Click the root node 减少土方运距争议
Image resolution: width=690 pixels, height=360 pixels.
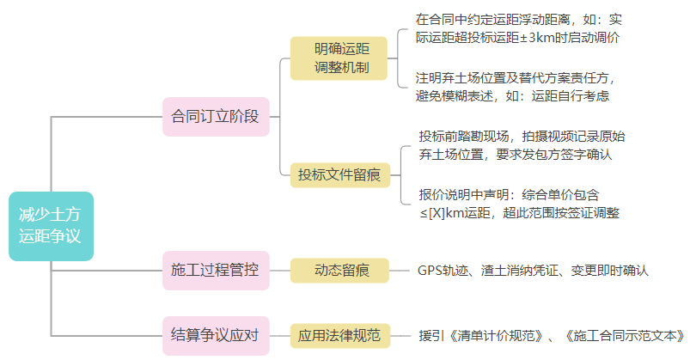pyautogui.click(x=51, y=226)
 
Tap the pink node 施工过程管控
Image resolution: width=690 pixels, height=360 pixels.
pyautogui.click(x=215, y=270)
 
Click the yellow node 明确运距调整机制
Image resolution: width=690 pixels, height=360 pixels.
pyautogui.click(x=341, y=58)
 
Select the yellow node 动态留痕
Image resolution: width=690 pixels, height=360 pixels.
pyautogui.click(x=339, y=270)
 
